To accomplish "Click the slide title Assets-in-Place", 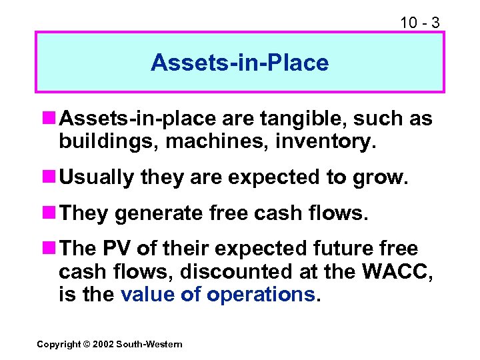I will tap(239, 63).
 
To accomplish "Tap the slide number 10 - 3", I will tap(419, 22).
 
